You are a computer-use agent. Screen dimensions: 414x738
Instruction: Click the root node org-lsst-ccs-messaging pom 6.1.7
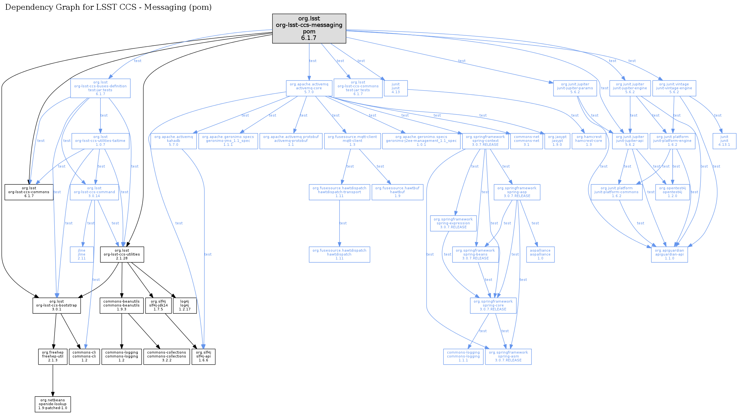(309, 28)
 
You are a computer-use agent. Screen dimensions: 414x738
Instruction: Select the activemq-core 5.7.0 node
(309, 88)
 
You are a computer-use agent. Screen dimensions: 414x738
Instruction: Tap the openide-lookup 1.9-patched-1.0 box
(53, 404)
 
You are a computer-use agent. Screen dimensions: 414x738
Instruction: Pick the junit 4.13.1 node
(724, 141)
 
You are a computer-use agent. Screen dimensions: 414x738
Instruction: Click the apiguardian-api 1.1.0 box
(669, 254)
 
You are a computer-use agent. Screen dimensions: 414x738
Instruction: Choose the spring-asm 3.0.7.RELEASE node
(508, 356)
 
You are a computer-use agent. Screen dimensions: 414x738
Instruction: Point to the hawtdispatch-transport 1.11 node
(339, 192)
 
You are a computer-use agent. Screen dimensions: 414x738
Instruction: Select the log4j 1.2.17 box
(184, 305)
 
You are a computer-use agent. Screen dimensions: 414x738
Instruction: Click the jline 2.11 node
(82, 254)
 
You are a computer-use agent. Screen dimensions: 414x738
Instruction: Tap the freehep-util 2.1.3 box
(53, 356)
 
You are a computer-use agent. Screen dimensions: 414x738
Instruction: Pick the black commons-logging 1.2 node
(121, 356)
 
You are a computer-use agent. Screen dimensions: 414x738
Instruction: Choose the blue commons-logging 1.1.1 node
(463, 356)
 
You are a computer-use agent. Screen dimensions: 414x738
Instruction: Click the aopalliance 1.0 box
(540, 254)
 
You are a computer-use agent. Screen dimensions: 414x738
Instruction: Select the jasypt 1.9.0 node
(557, 141)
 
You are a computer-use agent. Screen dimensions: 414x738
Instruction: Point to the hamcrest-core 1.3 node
(589, 141)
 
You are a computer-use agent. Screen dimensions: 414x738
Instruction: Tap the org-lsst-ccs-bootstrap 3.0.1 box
(57, 305)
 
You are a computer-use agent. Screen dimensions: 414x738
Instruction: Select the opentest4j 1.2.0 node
(672, 192)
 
